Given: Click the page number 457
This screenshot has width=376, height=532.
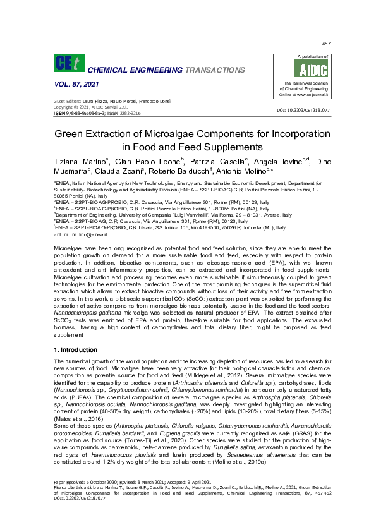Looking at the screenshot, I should [326, 44].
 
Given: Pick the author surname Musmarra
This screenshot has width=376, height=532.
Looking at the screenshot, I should [70, 171].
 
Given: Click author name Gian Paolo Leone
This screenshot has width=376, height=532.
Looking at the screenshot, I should [149, 162].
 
